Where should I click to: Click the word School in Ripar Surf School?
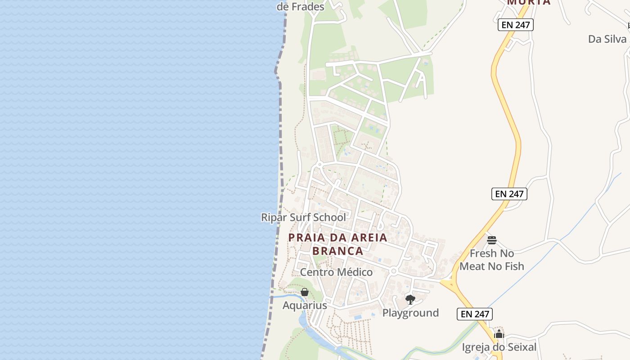pos(329,217)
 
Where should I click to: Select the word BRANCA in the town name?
pos(337,251)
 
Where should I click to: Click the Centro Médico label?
pos(336,272)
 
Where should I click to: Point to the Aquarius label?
pos(305,306)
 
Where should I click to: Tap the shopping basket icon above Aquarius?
pos(305,292)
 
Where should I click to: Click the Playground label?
pos(410,313)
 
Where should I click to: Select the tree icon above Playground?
pos(410,299)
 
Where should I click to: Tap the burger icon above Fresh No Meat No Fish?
pos(491,240)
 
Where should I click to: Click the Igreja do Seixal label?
pos(499,347)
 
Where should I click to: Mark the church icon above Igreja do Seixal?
pos(499,334)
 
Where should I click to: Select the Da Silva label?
pos(607,39)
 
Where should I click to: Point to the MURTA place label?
pos(529,2)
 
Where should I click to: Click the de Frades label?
pos(300,7)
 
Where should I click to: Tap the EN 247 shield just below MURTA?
pos(516,25)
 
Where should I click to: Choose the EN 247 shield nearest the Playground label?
pos(475,314)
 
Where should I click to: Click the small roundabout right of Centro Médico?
pos(393,271)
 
